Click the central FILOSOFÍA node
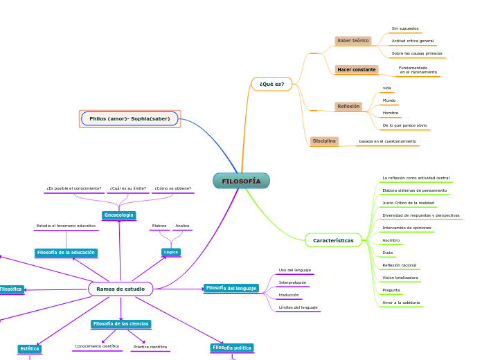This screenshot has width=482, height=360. pos(241,181)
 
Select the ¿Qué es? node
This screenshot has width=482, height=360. pos(271,84)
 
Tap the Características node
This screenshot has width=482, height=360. pos(333,241)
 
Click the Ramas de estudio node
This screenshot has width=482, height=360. pos(120,289)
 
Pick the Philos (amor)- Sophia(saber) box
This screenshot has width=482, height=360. pos(130,118)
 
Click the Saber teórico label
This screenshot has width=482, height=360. pos(353,41)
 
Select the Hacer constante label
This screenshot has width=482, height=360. pos(357,70)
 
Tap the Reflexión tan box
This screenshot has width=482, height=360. pos(348,107)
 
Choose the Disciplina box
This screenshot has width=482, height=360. pos(324,141)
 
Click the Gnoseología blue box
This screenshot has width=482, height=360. pos(119,215)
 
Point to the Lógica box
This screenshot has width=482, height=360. pos(171,252)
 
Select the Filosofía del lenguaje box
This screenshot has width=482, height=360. pos(231,288)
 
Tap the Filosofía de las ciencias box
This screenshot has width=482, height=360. pos(121,324)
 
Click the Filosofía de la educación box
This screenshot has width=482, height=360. pos(66,253)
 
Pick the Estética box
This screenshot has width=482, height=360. pos(30,349)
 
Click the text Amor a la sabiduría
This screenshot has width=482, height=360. pos(401,303)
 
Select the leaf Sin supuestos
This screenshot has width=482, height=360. pos(405,28)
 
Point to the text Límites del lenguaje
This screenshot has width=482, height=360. pos(298,307)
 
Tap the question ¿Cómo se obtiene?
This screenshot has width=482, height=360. pos(172,188)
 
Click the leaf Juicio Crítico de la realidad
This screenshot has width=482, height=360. pos(408,203)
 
